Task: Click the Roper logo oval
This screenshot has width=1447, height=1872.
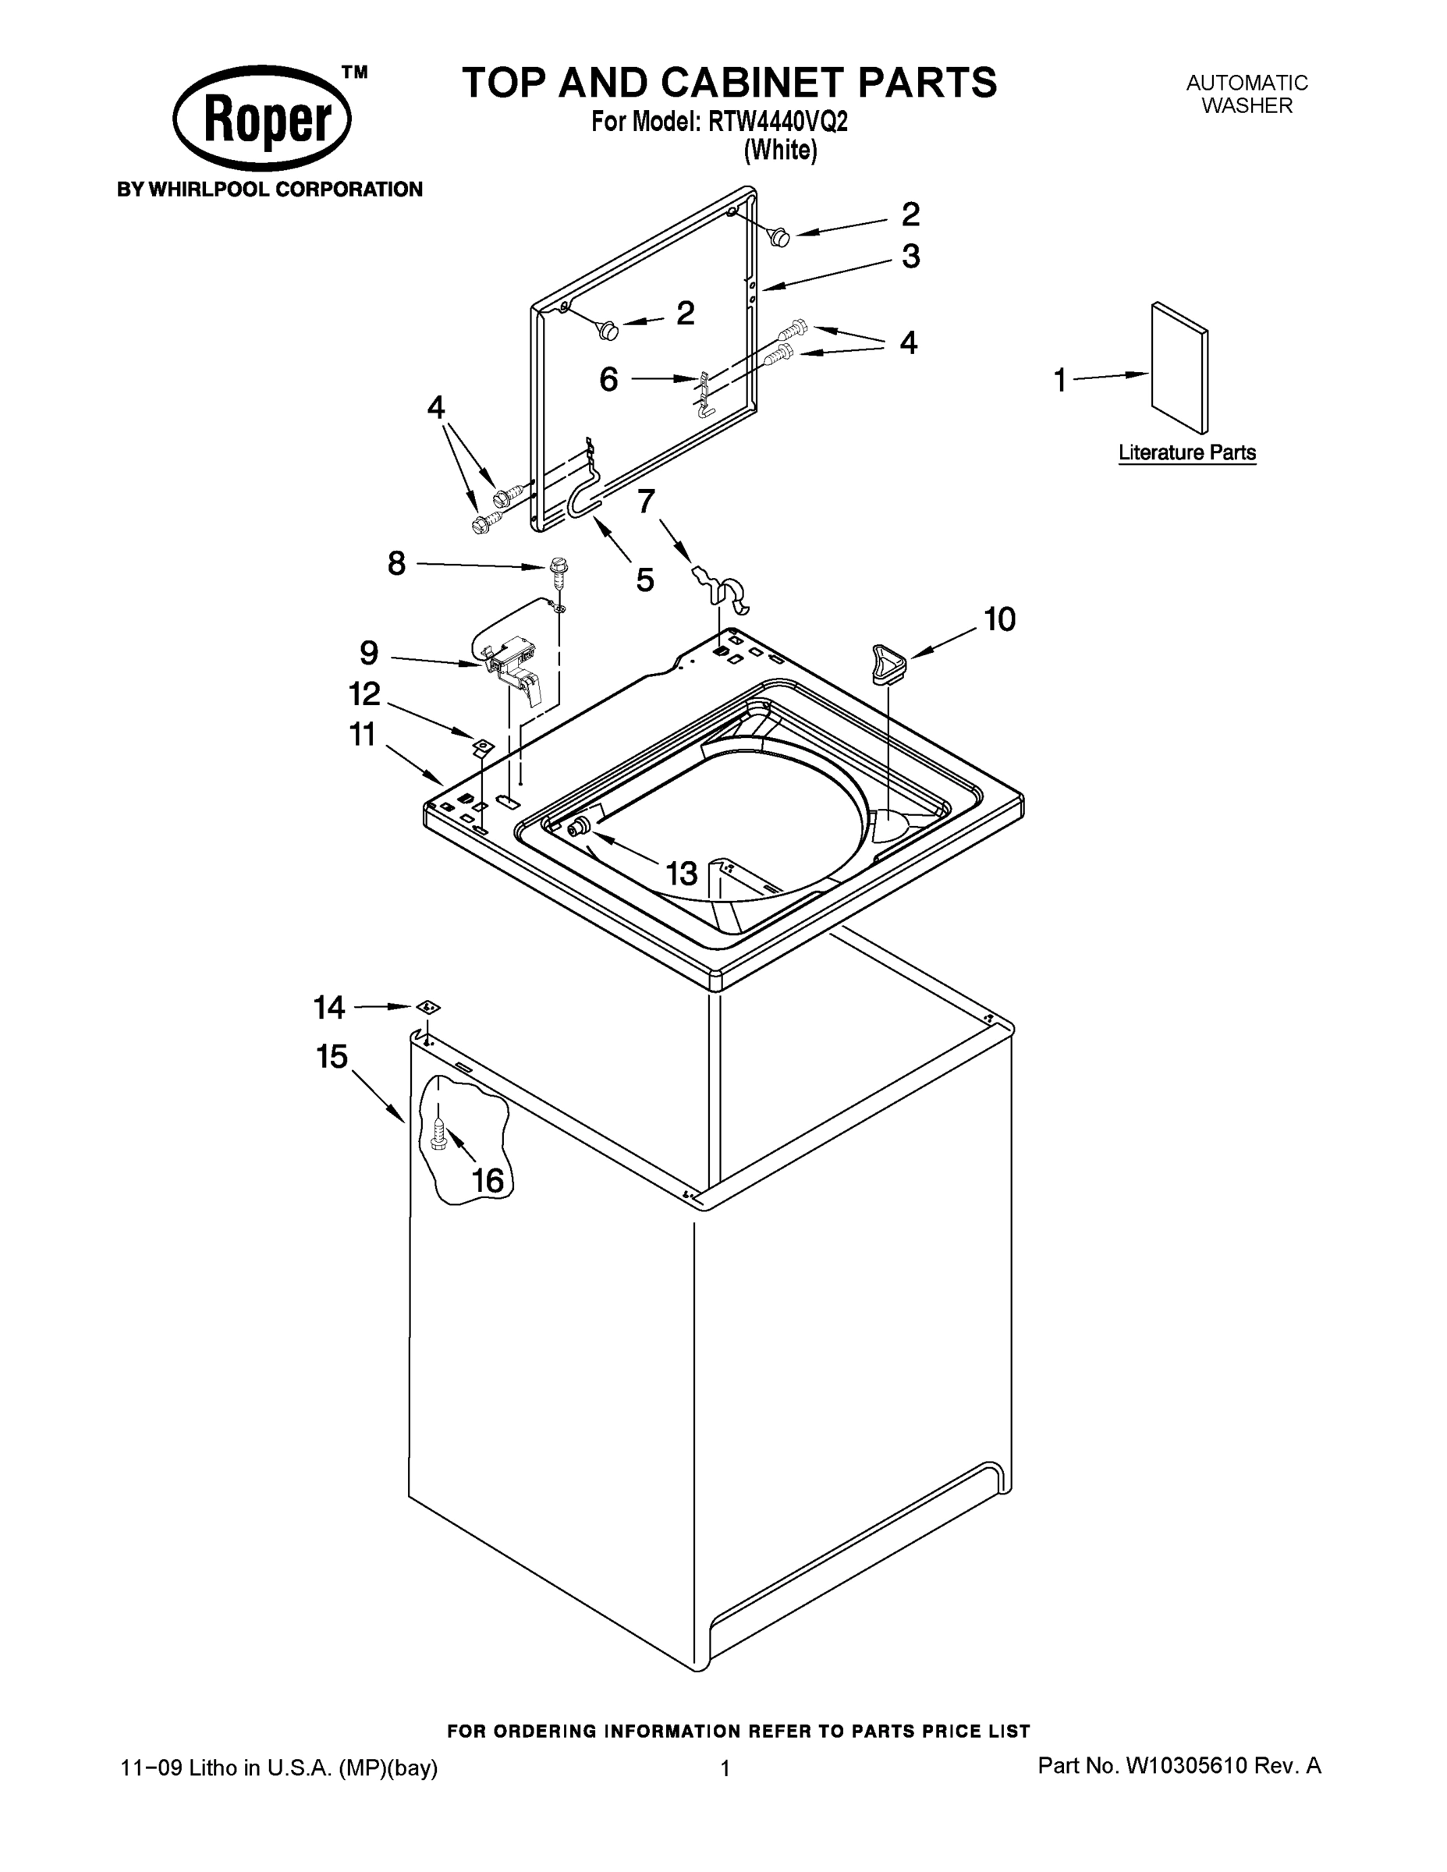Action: (x=262, y=119)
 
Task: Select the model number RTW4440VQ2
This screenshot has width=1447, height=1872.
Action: (x=778, y=122)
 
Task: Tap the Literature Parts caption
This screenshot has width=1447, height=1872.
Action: (x=1186, y=452)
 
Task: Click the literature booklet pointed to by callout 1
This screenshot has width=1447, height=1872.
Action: (x=1179, y=369)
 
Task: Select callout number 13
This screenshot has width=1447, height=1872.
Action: (x=682, y=874)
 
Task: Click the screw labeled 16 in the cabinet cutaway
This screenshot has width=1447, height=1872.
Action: (x=439, y=1136)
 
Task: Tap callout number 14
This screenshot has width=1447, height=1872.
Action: (x=329, y=1007)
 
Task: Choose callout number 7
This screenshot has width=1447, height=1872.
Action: (x=645, y=501)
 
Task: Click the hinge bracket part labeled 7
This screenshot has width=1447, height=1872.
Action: (x=725, y=590)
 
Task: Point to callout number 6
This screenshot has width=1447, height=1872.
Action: (x=608, y=379)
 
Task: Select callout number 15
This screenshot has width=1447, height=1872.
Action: (x=332, y=1056)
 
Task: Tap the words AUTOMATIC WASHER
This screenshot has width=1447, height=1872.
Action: (x=1247, y=94)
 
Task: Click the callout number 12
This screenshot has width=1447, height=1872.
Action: (x=364, y=693)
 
